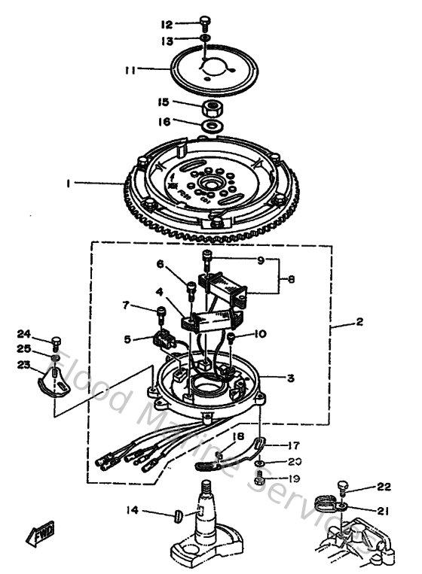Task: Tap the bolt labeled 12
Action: [x=206, y=22]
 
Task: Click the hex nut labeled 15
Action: [x=213, y=106]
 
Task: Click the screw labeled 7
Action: [x=161, y=311]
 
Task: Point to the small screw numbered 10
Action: [x=232, y=338]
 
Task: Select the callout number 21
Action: [x=382, y=511]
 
